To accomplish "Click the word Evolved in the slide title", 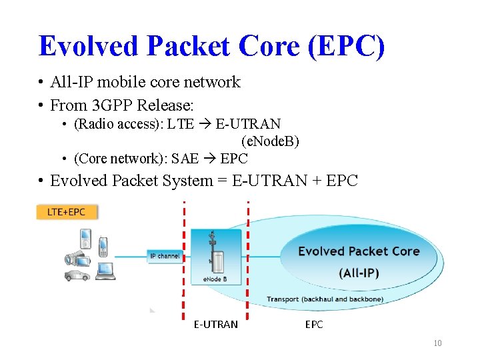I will [88, 45].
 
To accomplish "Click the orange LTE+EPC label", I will [67, 212].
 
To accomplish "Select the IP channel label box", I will [165, 256].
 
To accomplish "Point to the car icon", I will [77, 275].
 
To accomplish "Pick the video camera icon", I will [75, 257].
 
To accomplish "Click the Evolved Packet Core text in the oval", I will [359, 251].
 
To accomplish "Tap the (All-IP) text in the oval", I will [360, 273].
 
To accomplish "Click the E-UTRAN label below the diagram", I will [215, 325].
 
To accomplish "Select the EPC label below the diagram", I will [314, 325].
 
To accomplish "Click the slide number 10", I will [437, 343].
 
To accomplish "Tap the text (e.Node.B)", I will [270, 141].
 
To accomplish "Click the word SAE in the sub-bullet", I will [185, 159].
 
